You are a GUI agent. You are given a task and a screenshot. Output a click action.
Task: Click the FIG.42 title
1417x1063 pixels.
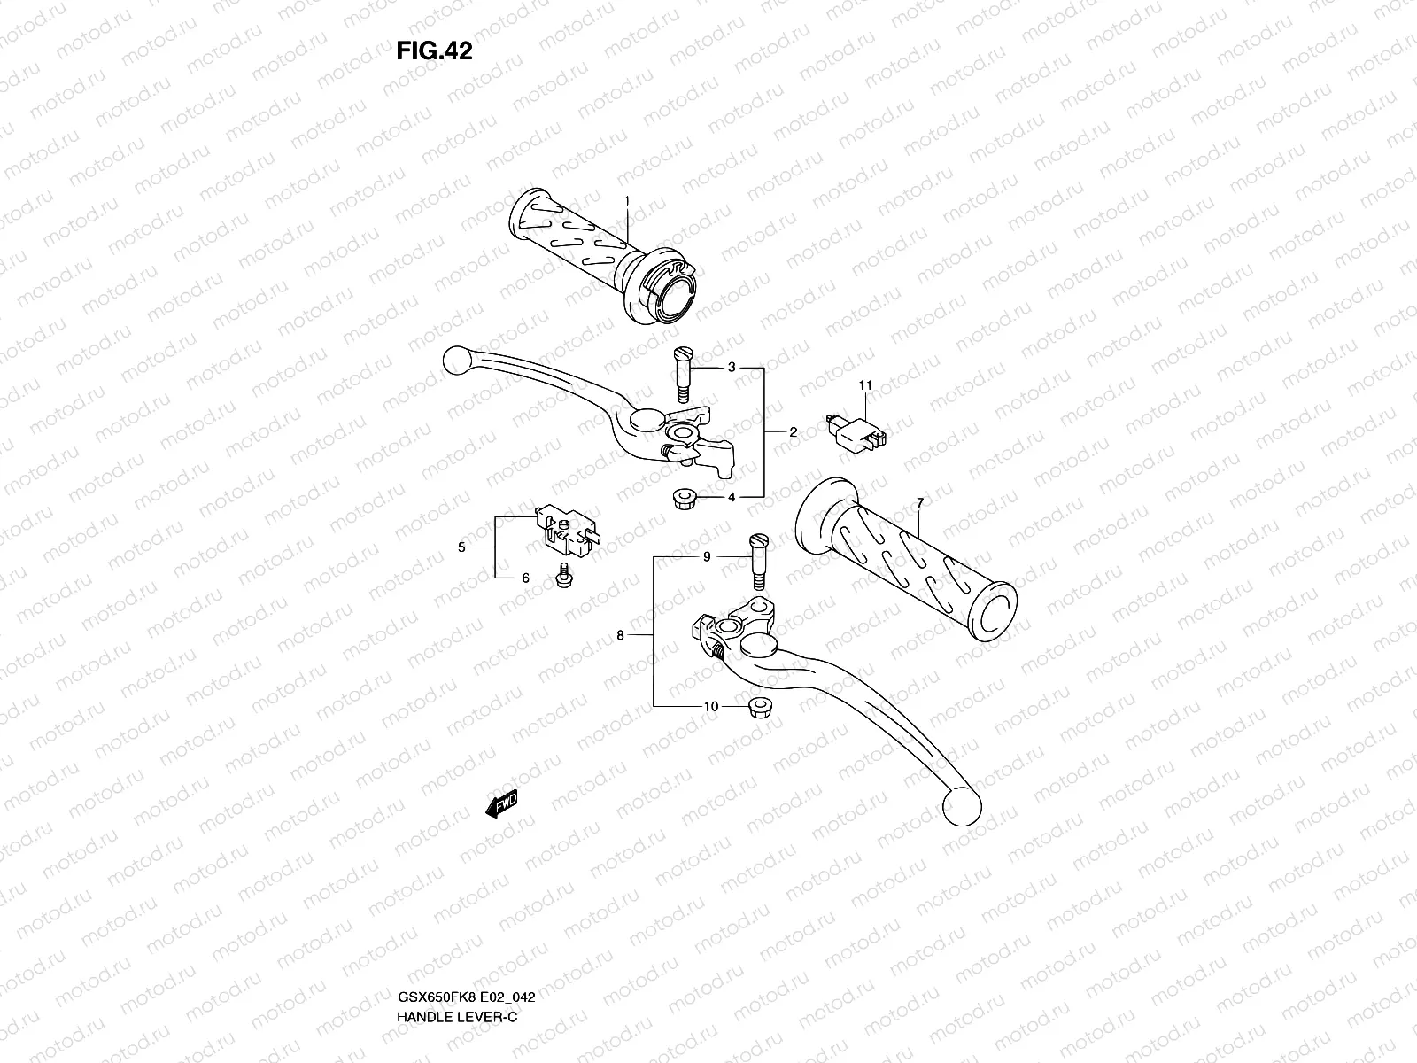coord(434,51)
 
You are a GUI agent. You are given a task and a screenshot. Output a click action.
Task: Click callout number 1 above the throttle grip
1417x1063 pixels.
coord(626,202)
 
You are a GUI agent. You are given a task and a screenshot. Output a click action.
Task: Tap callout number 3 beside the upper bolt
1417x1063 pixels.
coord(732,367)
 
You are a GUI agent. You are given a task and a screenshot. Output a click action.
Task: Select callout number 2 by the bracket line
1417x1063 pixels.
coord(793,432)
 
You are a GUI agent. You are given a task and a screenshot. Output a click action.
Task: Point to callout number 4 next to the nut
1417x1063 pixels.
coord(732,498)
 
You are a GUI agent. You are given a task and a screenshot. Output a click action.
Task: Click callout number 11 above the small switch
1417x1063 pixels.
coord(864,385)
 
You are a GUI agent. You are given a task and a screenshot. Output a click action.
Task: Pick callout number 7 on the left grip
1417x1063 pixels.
coord(920,503)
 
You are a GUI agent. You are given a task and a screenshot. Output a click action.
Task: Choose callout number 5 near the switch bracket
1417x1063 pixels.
coord(461,548)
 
